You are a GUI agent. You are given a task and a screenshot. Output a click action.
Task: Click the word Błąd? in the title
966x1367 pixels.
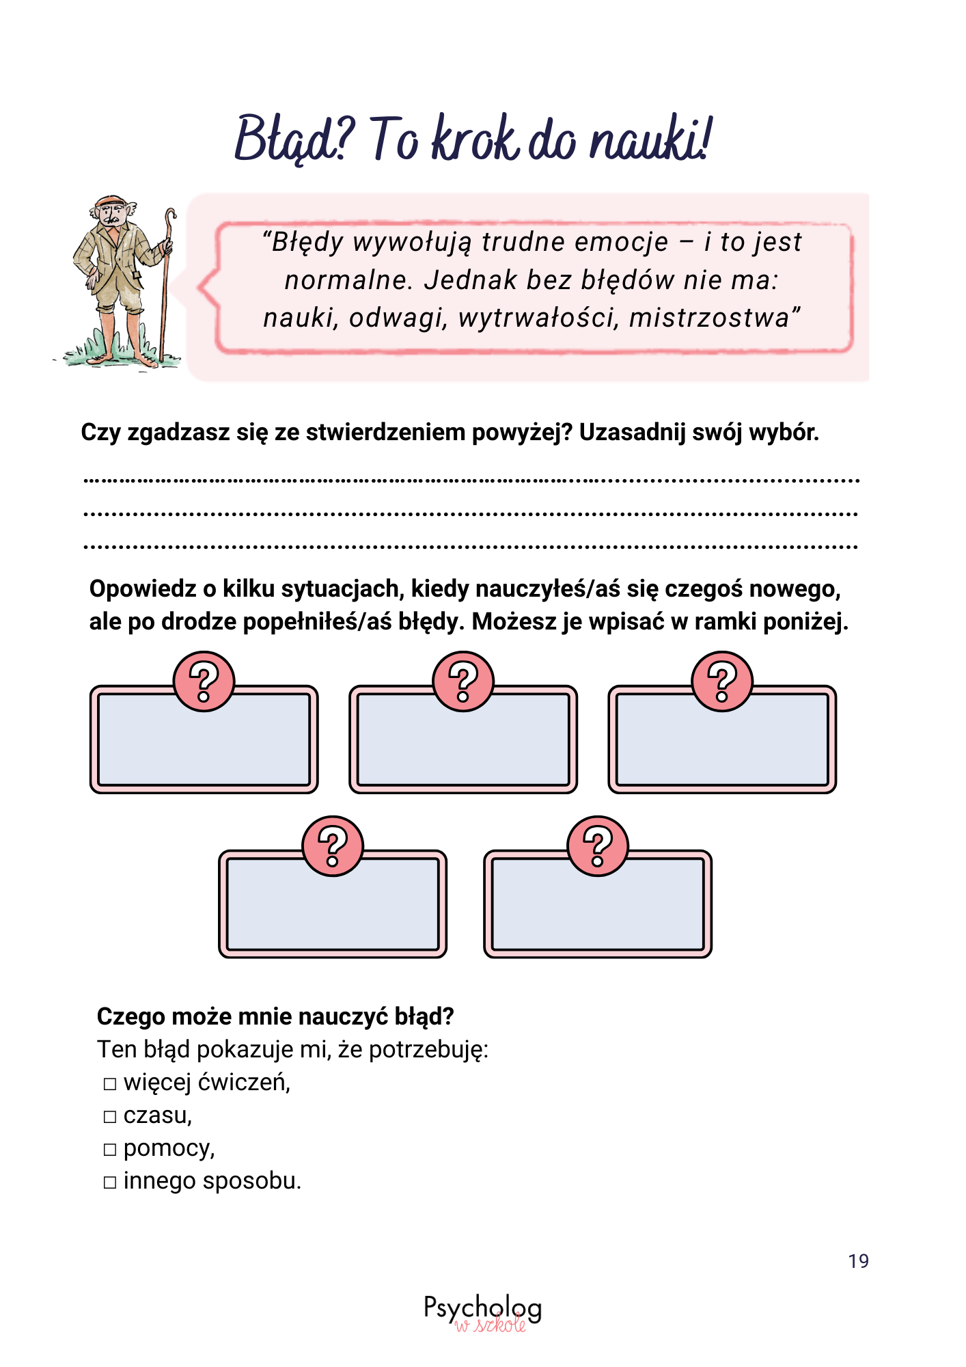point(294,139)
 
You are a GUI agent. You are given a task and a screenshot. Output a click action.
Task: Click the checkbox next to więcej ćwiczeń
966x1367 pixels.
point(110,1084)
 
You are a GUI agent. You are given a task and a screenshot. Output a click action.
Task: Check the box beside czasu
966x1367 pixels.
point(110,1117)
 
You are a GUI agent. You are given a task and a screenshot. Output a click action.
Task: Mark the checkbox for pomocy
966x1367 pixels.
point(110,1150)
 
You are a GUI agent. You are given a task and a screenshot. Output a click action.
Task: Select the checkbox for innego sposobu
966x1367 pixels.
point(110,1182)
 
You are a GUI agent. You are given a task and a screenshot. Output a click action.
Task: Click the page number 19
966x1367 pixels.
point(858,1261)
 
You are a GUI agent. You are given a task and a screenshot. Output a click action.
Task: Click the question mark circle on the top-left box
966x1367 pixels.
point(204,681)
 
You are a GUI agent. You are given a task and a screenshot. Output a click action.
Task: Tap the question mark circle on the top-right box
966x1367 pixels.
point(722,681)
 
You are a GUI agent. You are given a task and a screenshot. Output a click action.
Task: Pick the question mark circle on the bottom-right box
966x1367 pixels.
point(598,846)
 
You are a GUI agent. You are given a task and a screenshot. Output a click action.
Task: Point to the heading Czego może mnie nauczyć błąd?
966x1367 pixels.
point(275,1016)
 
